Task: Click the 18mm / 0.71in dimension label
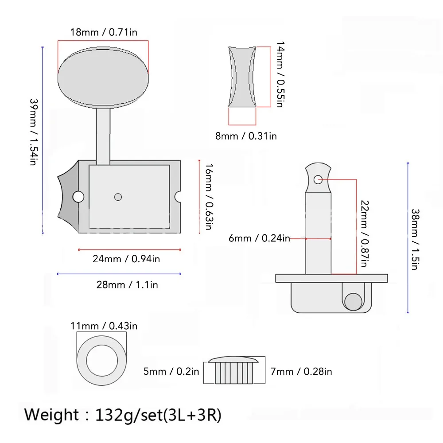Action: [x=104, y=32]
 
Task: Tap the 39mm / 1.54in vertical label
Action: [x=34, y=132]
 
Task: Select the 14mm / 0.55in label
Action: [x=280, y=74]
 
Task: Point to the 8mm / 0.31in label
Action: [x=246, y=136]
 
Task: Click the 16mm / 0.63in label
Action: [x=209, y=197]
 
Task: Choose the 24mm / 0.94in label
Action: [x=126, y=259]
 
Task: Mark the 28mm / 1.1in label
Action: [x=127, y=284]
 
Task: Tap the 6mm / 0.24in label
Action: [x=259, y=238]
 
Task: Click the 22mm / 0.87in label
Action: [x=365, y=233]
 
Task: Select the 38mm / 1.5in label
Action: [x=415, y=239]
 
